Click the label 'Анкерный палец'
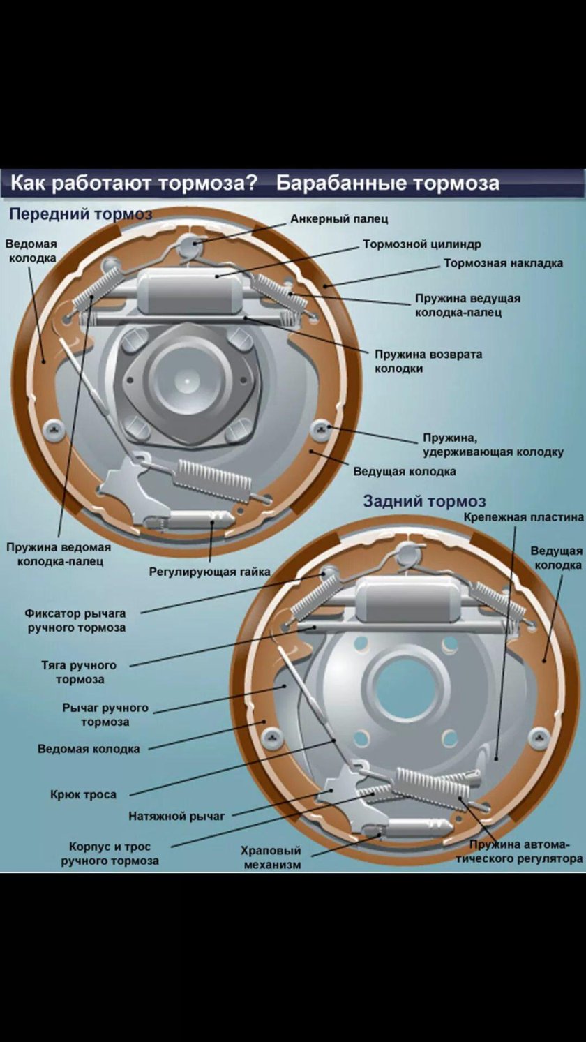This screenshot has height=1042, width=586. pos(339,219)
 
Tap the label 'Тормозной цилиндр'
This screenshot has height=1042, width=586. pos(421,245)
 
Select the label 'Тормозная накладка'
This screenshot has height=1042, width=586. pos(503,264)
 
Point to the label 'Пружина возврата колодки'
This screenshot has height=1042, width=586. pos(428,361)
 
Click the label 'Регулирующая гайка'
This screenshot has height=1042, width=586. pos(209,572)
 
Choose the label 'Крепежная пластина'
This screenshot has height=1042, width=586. pos(523,517)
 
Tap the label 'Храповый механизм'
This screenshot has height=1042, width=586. pos(271,858)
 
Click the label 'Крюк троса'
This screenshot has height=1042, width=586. pos(83,794)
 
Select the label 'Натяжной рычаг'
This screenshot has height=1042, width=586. pos(176,816)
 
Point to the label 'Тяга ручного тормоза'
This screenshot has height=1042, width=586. pos(79,672)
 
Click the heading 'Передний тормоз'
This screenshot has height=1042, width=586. pos(80,214)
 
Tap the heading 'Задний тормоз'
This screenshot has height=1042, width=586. pos(424,501)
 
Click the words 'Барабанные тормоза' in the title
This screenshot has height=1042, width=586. pos(388,184)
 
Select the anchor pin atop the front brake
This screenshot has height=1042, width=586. pos(189,244)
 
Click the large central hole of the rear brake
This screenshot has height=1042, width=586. pos(405,681)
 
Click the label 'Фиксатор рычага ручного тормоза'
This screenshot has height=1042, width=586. pos(76,620)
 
